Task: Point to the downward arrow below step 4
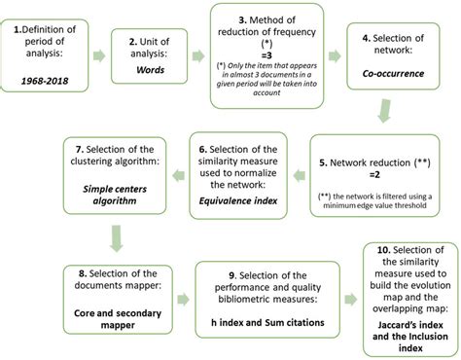[x=401, y=117]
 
